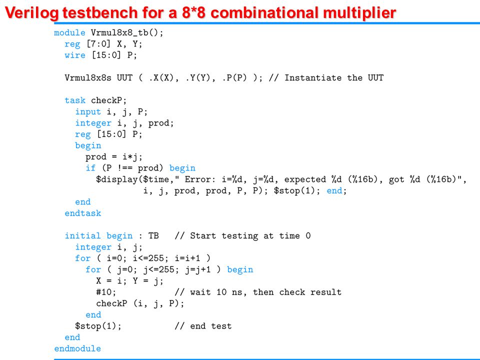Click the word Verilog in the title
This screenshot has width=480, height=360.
[33, 13]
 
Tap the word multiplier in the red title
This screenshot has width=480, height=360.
[359, 13]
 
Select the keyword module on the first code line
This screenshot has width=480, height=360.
[70, 32]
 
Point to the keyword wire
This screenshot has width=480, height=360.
[75, 55]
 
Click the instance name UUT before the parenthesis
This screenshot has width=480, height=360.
[124, 78]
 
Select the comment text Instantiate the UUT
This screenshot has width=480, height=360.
[334, 78]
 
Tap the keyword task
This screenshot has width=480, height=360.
[75, 100]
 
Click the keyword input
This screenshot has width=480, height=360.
[88, 111]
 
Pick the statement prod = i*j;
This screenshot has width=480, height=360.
[114, 157]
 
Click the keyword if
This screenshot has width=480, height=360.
[90, 168]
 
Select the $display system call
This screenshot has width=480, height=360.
[116, 179]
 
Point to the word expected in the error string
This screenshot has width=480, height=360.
[305, 179]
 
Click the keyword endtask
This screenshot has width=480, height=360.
[83, 213]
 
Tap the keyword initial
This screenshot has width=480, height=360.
[83, 235]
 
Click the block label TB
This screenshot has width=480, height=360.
[153, 235]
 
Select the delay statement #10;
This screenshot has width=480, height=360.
[106, 292]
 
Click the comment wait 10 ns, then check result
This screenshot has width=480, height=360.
[265, 292]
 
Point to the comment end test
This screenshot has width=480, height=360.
[210, 326]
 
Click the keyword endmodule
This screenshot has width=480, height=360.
[77, 348]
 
